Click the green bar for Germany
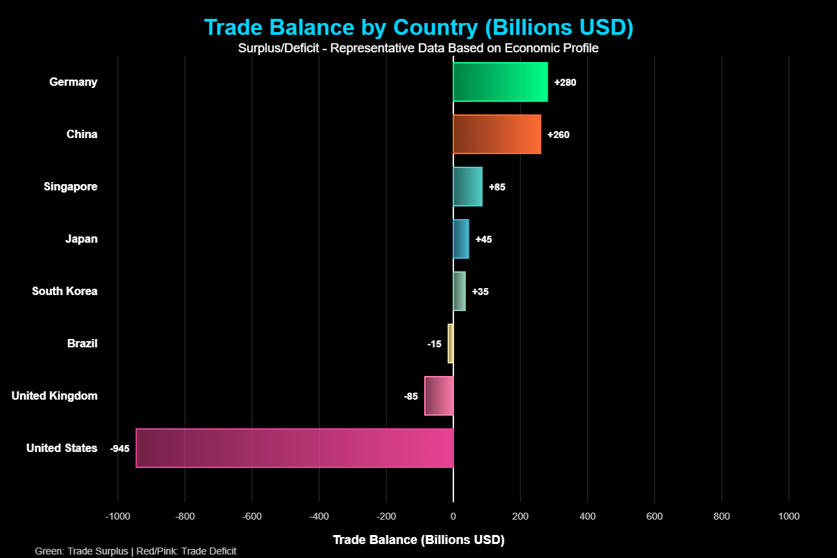point(500,82)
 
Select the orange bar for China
point(497,134)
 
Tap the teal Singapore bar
point(467,186)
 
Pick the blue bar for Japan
point(461,239)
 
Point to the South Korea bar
point(459,291)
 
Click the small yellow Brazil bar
point(451,343)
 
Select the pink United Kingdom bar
point(439,395)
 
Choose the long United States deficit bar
point(294,448)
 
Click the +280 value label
point(565,82)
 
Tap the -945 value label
point(120,448)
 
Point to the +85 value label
point(497,187)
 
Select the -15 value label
point(434,344)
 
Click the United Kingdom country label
point(54,396)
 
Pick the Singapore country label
point(70,187)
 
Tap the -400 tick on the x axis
point(319,517)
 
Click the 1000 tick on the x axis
point(789,517)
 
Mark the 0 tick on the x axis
point(453,517)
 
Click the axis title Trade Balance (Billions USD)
point(418,540)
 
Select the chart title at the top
point(418,27)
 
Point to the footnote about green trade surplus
point(135,551)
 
